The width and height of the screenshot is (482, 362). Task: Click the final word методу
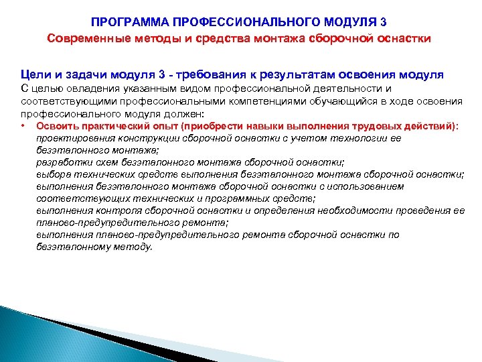pos(133,247)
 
